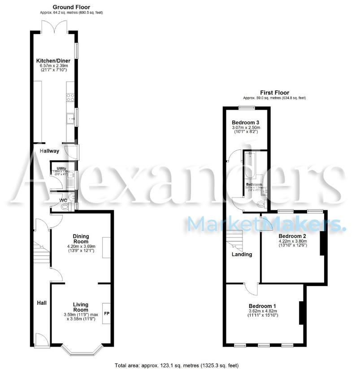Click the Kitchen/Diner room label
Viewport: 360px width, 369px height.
(53, 61)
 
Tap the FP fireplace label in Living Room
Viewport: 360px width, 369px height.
(107, 313)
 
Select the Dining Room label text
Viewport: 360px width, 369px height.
(81, 239)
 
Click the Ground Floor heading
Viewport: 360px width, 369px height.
(71, 7)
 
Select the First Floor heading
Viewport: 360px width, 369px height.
(274, 92)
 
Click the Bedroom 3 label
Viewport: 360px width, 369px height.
(246, 123)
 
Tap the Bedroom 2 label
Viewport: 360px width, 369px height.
(292, 236)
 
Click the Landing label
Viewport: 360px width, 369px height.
(242, 255)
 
